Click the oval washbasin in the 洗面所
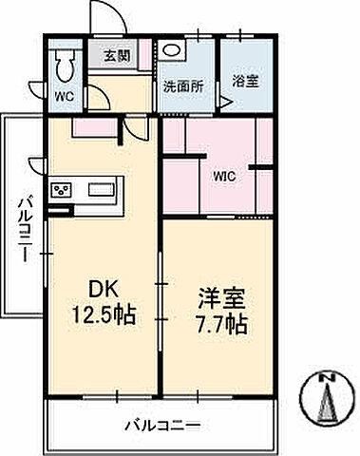[172, 51]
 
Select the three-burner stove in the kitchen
[63, 190]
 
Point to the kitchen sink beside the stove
[102, 190]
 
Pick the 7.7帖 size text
[222, 324]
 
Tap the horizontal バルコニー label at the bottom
[161, 424]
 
